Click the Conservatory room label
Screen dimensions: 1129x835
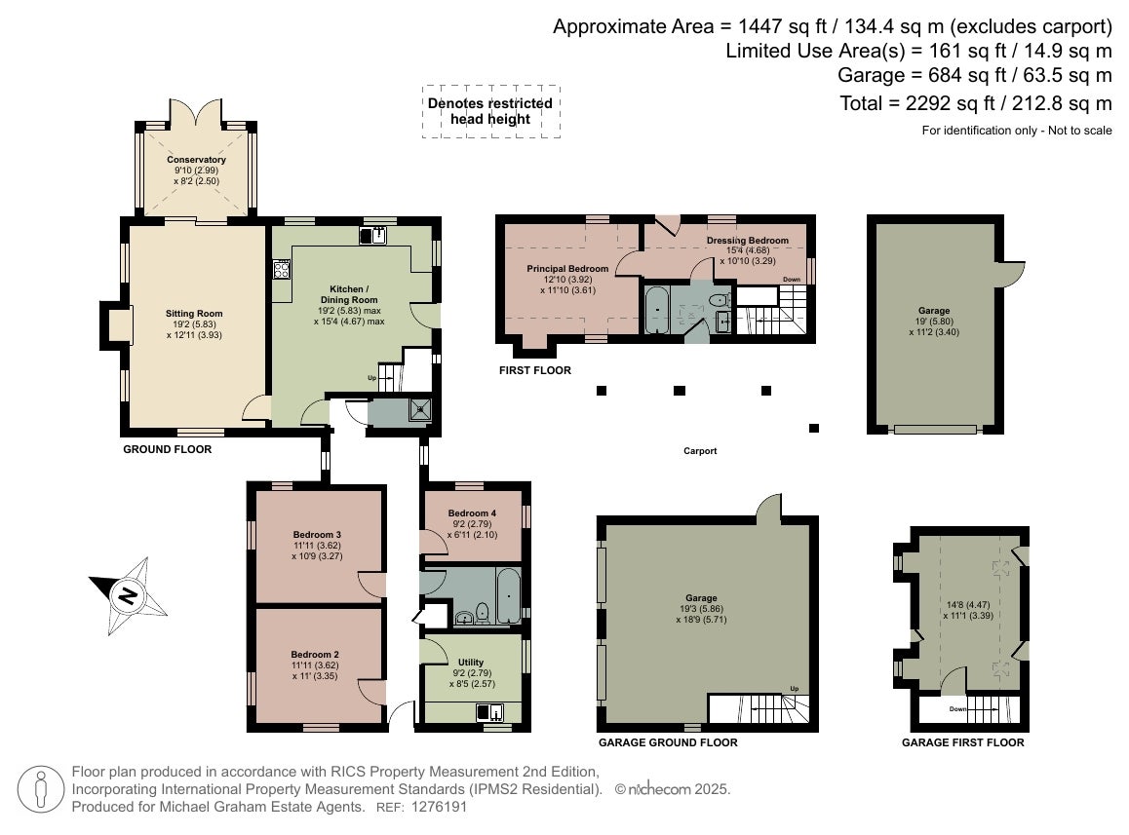point(197,160)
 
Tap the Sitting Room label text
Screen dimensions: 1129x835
point(194,314)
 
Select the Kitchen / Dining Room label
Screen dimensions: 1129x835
point(349,294)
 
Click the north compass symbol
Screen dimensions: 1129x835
point(128,595)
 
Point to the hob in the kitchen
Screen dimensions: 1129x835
point(282,270)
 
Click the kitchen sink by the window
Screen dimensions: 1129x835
point(373,236)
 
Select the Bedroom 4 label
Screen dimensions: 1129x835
point(472,513)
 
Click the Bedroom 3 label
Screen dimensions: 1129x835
point(318,535)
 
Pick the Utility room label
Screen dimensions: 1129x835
point(471,663)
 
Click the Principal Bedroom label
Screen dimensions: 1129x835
point(567,269)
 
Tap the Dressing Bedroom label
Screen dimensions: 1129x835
point(748,241)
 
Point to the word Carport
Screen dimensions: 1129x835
point(701,451)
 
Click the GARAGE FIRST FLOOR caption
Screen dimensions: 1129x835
point(962,742)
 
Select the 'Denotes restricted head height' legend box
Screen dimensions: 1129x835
point(491,112)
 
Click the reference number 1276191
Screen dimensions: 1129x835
point(439,807)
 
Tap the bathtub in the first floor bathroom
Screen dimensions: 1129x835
point(656,310)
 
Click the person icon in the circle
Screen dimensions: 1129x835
point(41,789)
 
